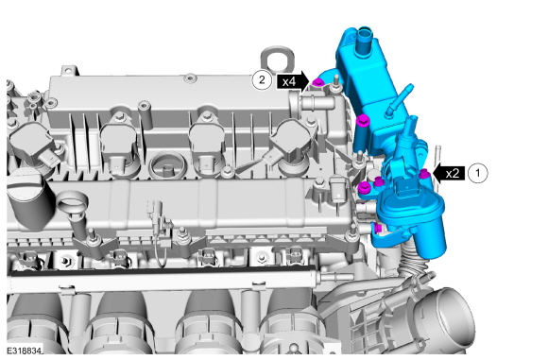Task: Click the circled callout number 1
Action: pos(477,173)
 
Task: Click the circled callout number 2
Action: pos(262,80)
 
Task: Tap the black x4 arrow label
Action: pos(293,81)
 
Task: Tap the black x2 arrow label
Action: pos(449,173)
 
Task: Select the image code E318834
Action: pos(24,350)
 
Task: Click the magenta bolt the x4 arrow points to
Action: pos(317,83)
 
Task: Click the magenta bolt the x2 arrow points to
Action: pos(424,173)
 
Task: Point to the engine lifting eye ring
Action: pos(277,58)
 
